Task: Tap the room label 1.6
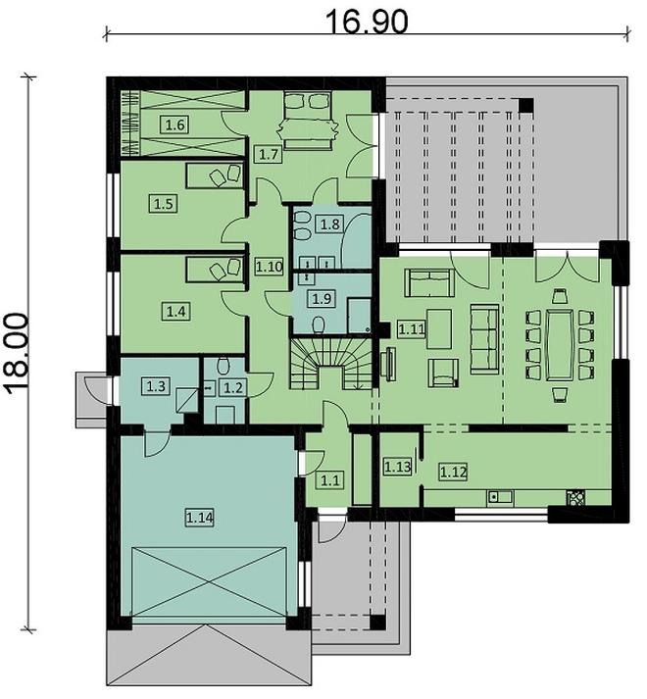pos(174,125)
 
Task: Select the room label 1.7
pos(269,154)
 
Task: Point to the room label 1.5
pos(163,204)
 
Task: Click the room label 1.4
pos(175,311)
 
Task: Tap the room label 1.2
pos(232,388)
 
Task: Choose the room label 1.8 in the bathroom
pos(330,225)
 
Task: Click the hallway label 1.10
pos(269,265)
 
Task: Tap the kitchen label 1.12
pos(453,473)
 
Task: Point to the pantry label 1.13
pos(397,466)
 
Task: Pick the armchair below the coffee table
pos(445,371)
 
